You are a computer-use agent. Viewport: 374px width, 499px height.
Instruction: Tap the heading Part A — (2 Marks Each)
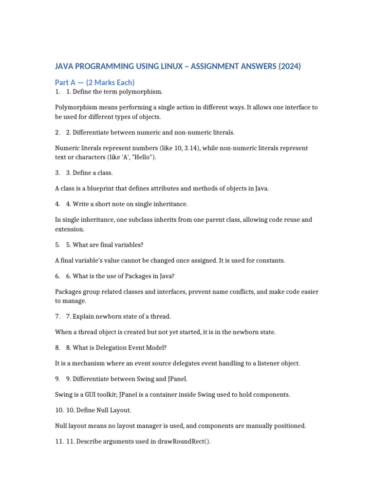(x=95, y=82)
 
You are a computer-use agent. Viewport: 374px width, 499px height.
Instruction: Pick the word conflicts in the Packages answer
(x=238, y=291)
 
